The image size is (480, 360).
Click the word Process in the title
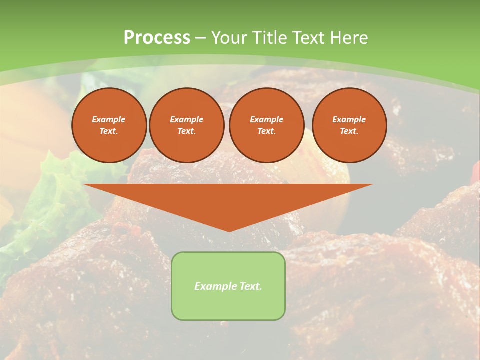tap(157, 38)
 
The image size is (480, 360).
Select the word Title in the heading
tap(273, 38)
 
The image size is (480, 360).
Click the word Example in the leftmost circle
tap(109, 119)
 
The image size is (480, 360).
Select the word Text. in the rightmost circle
tap(349, 131)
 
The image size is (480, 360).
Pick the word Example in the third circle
tap(266, 119)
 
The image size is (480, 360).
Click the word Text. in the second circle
tap(186, 131)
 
